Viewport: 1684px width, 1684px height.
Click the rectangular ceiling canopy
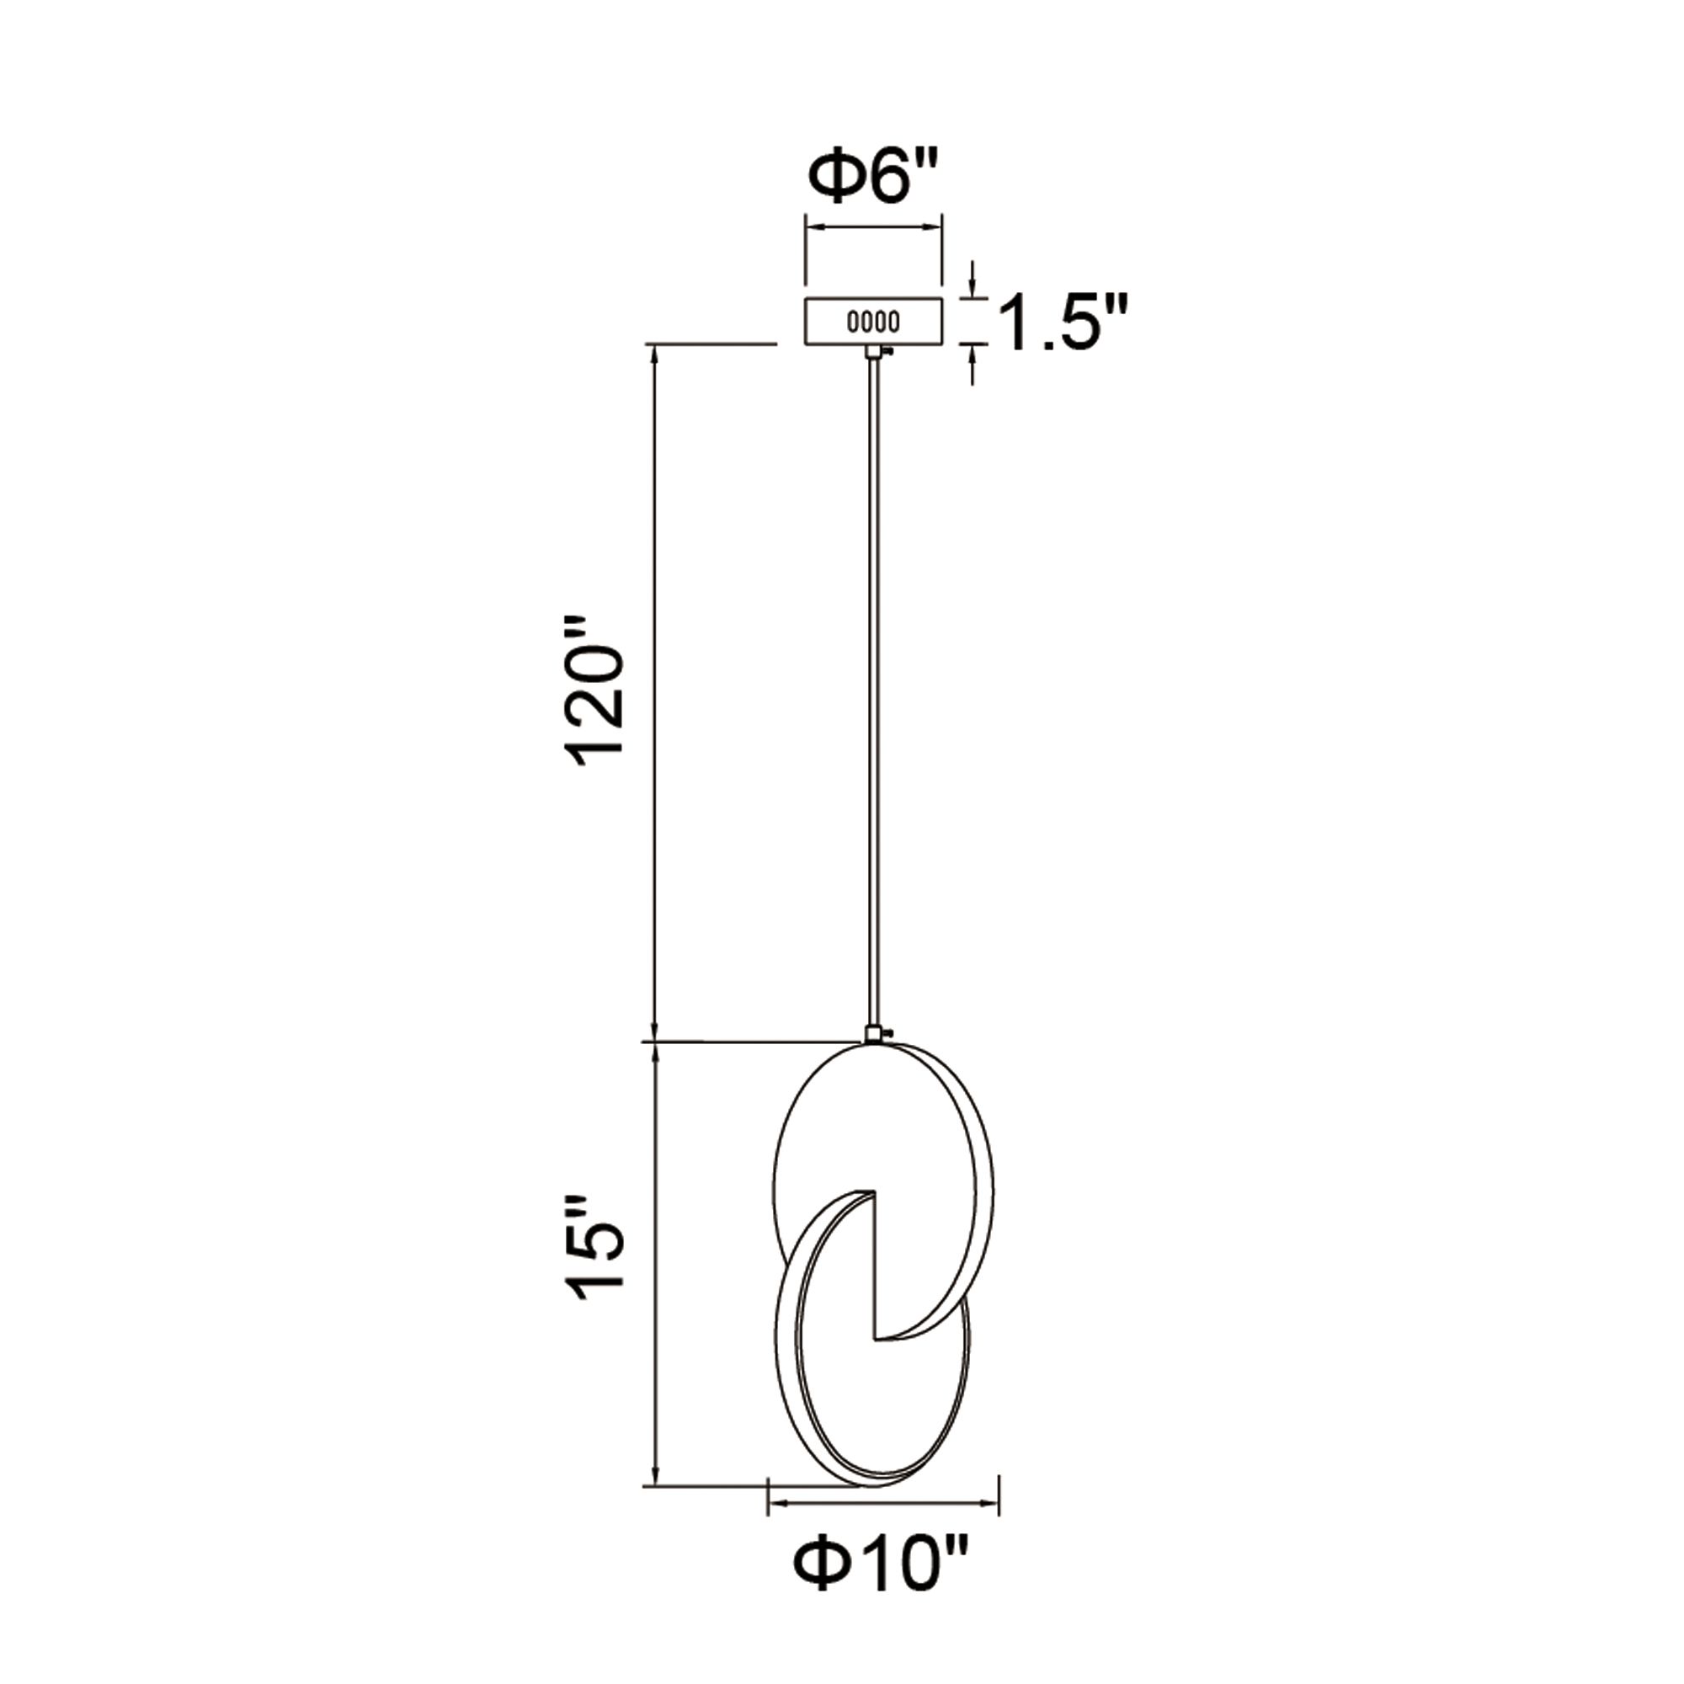[x=872, y=322]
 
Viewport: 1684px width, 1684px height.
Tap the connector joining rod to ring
[x=872, y=1034]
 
